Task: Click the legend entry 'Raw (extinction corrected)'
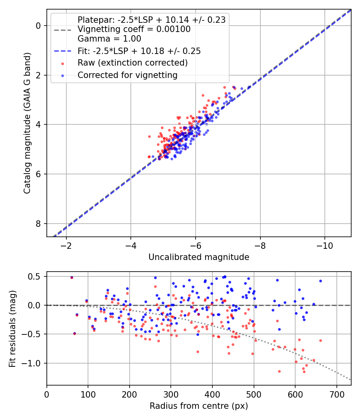tap(132, 63)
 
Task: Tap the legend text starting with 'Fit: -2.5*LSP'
tap(139, 51)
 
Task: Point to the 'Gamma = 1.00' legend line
tap(109, 39)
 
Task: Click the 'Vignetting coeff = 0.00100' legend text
tap(134, 29)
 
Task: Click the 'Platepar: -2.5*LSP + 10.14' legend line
tap(151, 20)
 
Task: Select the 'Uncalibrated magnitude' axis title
tap(199, 257)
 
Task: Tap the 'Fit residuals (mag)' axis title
tap(12, 328)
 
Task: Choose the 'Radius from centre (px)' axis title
tap(199, 406)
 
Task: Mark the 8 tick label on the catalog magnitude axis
tap(39, 224)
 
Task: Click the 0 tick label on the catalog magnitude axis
tap(39, 26)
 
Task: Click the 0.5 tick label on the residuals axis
tap(36, 276)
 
